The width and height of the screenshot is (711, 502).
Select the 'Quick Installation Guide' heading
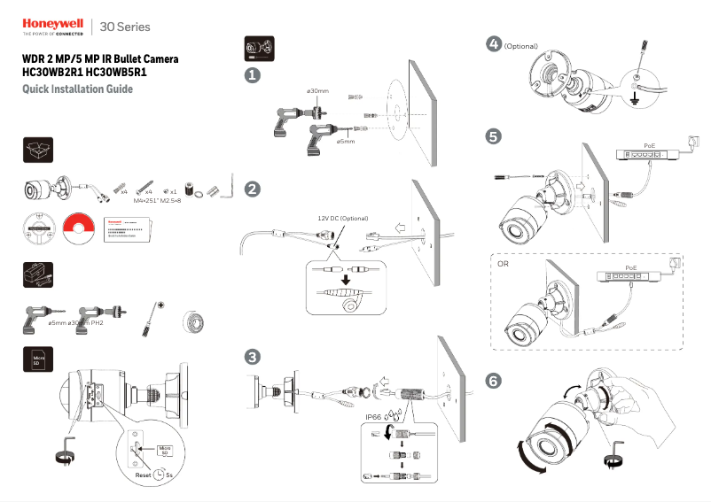(x=77, y=89)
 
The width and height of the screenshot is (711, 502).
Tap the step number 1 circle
(x=253, y=76)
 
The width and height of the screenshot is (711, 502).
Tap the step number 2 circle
(x=253, y=189)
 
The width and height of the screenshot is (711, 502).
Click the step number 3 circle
(x=253, y=357)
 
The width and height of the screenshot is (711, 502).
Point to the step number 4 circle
(x=494, y=43)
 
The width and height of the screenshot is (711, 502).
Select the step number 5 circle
(x=494, y=136)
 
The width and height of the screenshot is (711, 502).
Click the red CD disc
(x=78, y=228)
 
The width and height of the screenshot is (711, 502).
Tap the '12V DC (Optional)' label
(x=342, y=218)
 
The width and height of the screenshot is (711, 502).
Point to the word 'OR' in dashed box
(x=504, y=264)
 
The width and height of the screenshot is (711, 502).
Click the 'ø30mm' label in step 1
(x=317, y=91)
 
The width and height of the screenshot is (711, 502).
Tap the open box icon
(x=37, y=151)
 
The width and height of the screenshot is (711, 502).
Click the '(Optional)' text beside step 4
(x=521, y=46)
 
